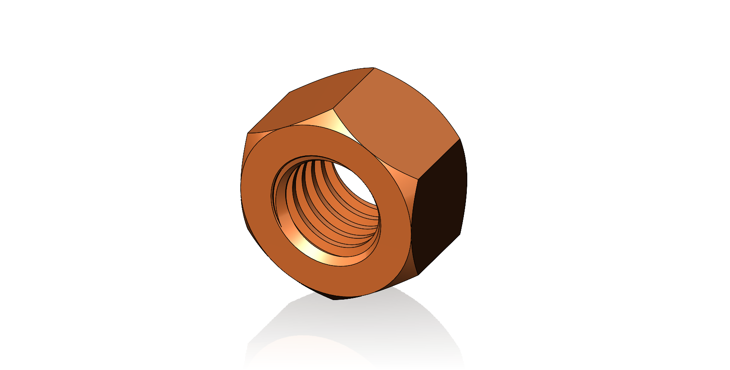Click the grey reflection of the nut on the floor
(354, 328)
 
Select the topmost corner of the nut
(374, 68)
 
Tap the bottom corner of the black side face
(418, 275)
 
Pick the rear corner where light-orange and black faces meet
(460, 139)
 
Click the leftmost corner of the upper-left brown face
(248, 133)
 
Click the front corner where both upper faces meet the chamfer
(334, 108)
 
